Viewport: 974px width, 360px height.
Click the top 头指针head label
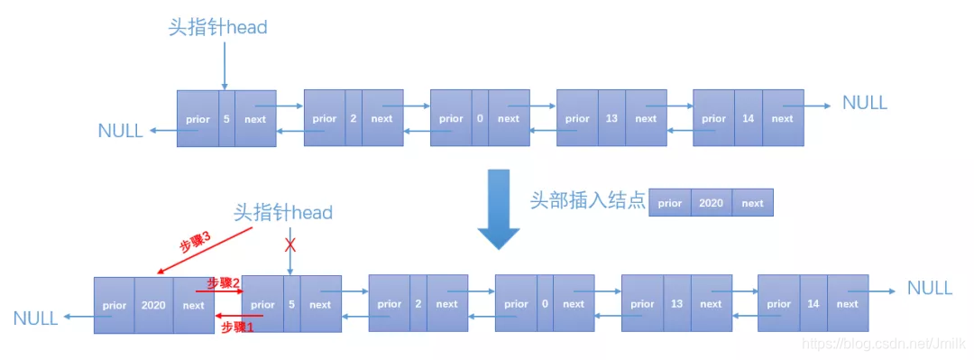[x=218, y=27]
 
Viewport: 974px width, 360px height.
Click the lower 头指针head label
[x=283, y=213]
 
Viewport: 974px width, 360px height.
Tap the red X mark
[x=289, y=245]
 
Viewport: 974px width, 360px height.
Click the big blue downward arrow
[x=498, y=210]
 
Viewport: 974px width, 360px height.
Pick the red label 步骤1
[x=238, y=328]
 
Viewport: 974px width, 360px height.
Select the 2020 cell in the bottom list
[x=153, y=305]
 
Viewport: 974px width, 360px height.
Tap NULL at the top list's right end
[x=864, y=103]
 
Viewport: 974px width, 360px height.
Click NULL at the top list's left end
[x=120, y=131]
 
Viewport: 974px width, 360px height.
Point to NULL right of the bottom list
[x=929, y=289]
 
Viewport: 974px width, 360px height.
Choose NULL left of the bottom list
[x=36, y=318]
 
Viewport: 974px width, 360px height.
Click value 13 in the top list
[x=611, y=119]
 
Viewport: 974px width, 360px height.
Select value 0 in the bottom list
[x=545, y=305]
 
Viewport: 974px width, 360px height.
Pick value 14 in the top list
[x=748, y=119]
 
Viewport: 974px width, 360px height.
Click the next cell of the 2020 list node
[x=193, y=305]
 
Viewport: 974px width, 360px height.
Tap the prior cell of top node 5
[x=198, y=119]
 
